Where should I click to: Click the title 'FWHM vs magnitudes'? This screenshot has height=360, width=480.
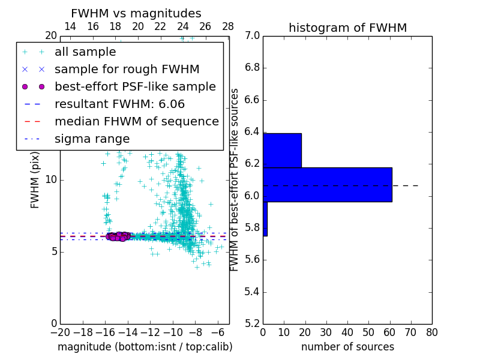136,14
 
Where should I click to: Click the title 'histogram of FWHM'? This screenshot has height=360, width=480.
347,28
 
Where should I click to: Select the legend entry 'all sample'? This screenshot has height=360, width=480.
85,52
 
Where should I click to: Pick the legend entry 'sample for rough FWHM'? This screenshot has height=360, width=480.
127,69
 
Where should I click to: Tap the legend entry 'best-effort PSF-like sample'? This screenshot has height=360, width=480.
135,86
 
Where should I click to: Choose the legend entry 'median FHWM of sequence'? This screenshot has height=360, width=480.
136,121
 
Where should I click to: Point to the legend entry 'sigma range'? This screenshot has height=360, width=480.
92,139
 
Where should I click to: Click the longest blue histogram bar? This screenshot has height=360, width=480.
328,185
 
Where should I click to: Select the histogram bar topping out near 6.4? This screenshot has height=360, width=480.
282,151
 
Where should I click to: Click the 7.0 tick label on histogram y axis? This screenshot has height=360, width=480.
253,36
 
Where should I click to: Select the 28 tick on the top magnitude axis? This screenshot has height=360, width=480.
228,26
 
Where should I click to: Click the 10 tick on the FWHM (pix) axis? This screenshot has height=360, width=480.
51,180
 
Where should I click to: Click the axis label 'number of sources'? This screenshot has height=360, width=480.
347,347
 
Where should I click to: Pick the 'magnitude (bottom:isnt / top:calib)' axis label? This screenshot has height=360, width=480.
145,347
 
